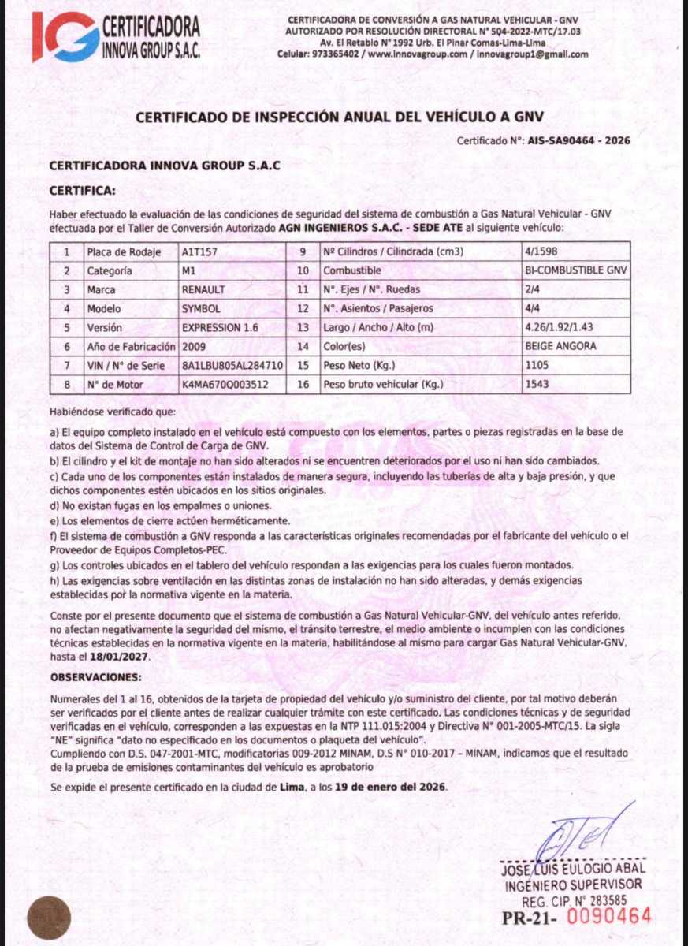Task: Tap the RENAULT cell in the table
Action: point(203,290)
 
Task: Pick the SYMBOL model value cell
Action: point(201,309)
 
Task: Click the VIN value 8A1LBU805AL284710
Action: point(232,366)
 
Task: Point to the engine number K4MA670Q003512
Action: point(225,385)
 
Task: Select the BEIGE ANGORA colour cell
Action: point(560,347)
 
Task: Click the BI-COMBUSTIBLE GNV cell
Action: point(576,271)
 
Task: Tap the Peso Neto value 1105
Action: point(536,366)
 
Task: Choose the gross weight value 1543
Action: point(536,385)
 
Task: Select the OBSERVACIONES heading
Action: point(96,677)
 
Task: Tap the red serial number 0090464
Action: point(610,916)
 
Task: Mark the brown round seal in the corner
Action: point(49,919)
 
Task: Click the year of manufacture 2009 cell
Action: point(194,347)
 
